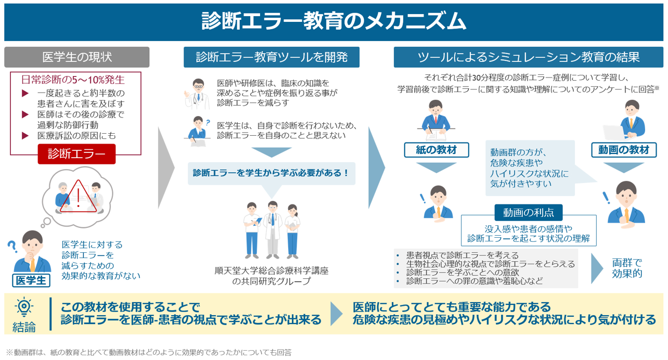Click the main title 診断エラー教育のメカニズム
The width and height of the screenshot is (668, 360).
click(333, 21)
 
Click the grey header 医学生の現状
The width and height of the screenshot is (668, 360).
click(76, 57)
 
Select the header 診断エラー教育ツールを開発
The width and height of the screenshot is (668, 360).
click(272, 57)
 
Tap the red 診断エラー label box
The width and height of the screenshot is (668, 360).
click(76, 154)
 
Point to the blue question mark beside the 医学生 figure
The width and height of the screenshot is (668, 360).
click(12, 247)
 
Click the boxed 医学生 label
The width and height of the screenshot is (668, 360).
click(31, 280)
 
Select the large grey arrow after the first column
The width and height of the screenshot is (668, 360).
click(166, 168)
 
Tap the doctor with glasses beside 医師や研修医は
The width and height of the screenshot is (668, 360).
click(197, 94)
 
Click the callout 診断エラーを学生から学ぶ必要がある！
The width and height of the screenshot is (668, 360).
click(272, 173)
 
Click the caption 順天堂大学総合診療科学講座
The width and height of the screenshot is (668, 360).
click(272, 271)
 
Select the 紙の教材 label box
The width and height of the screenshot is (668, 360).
click(436, 150)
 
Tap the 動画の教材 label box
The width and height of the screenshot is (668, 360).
click(624, 150)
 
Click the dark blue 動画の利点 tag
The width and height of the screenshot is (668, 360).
click(529, 212)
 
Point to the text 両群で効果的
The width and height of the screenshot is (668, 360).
click(627, 268)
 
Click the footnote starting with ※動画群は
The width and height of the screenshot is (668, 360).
click(148, 352)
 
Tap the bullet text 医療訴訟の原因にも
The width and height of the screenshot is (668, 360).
click(76, 136)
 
